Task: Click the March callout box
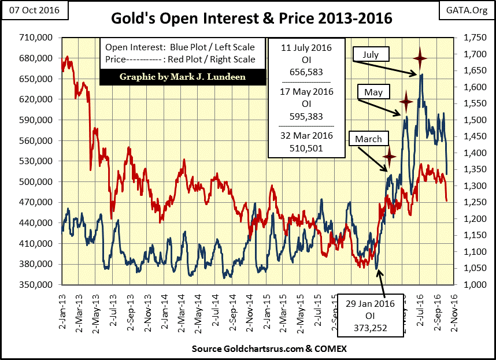(368, 139)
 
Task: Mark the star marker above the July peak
(420, 57)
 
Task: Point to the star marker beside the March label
(390, 155)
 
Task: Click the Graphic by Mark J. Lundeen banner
(182, 77)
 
